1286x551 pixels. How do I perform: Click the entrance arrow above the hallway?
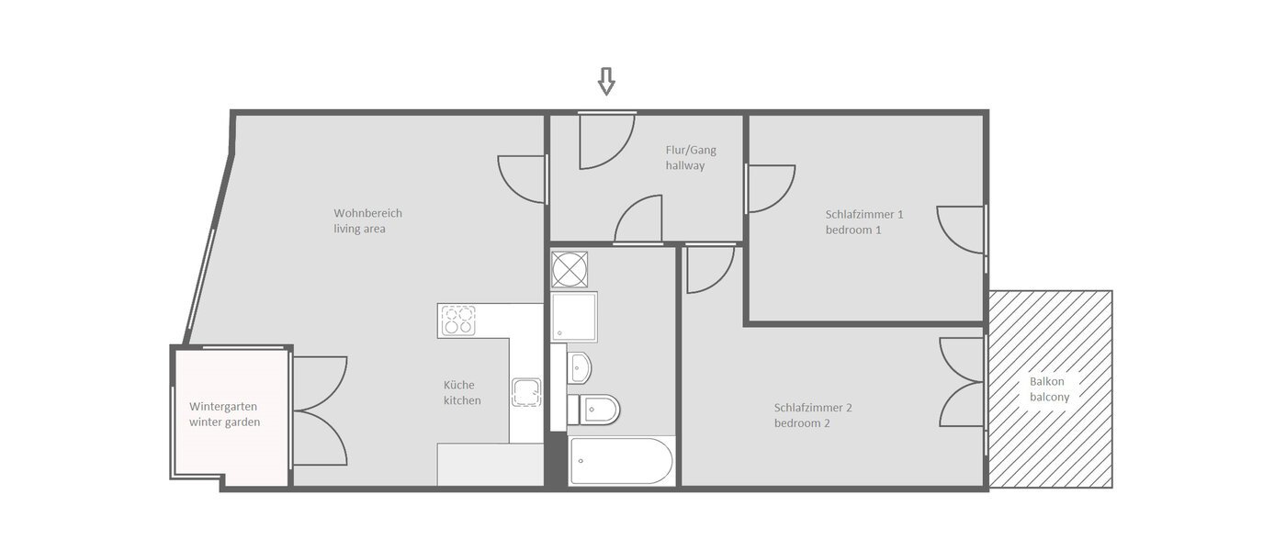[605, 82]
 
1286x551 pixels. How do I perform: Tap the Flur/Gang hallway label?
[690, 158]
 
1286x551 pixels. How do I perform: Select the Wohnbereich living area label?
[367, 221]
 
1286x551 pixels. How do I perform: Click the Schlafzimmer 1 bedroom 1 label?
[863, 222]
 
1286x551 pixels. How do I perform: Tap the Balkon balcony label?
[1049, 388]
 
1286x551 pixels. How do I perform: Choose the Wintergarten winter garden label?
[225, 414]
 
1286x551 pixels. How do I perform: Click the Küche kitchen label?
[462, 393]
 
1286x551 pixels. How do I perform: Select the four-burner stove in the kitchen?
[458, 320]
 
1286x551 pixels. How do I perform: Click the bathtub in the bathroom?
[621, 461]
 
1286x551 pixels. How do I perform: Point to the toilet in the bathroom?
[596, 408]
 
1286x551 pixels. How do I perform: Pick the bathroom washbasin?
[579, 368]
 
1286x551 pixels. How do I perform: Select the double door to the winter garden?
[320, 410]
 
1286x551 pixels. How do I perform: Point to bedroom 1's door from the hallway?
[770, 188]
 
